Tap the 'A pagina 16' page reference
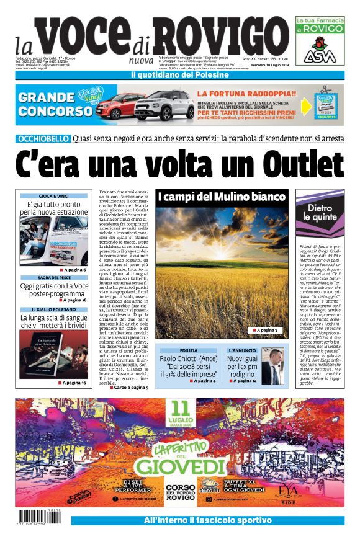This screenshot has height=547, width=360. [x=74, y=383]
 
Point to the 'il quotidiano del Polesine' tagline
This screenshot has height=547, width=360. [x=179, y=75]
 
